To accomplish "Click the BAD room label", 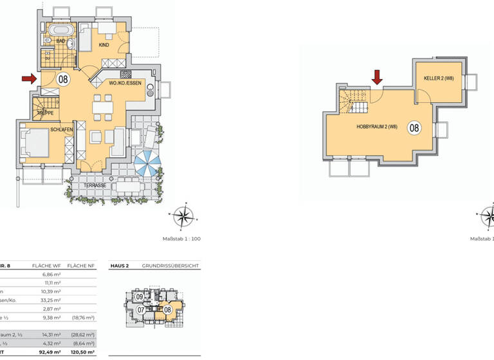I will (60, 41).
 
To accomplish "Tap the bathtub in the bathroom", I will (62, 30).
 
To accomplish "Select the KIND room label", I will (104, 45).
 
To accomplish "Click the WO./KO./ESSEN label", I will (125, 84).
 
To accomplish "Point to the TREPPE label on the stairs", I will (44, 113).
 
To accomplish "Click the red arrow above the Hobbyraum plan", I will (377, 77).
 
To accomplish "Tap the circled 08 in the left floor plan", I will (63, 80).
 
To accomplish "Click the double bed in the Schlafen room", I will (35, 144).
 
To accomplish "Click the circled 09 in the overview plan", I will (139, 296).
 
